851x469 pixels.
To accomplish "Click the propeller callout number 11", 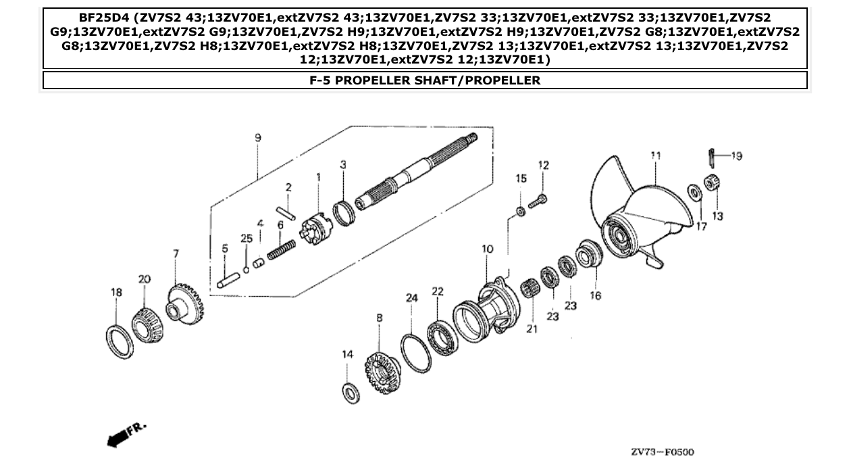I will tap(654, 155).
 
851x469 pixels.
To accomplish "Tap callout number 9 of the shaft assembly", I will tap(258, 138).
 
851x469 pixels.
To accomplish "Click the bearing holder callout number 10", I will tap(487, 249).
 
